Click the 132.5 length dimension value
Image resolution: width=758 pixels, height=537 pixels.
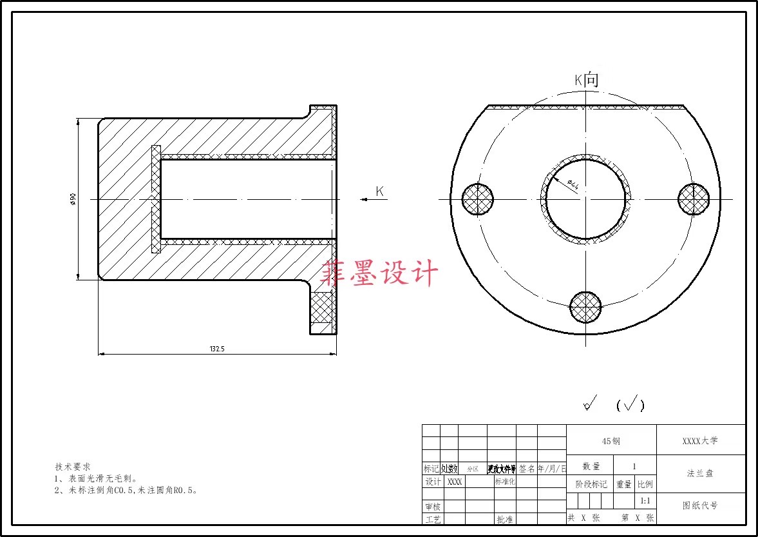coord(217,349)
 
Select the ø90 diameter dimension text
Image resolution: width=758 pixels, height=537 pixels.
coord(73,199)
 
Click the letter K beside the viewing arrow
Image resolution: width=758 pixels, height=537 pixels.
coord(380,191)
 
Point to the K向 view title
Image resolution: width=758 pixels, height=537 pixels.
coord(587,80)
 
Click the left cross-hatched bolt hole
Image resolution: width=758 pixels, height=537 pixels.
coord(478,199)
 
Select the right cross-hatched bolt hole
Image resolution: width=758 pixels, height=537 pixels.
coord(694,199)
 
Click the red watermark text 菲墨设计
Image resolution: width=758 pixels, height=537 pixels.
coord(380,273)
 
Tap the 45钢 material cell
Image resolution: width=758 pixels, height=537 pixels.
coord(611,441)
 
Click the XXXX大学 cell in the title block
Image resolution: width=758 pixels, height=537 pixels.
coord(700,441)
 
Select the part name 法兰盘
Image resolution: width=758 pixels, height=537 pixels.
coord(700,473)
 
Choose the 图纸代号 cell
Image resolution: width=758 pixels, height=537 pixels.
coord(700,506)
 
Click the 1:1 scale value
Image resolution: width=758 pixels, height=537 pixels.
coord(645,501)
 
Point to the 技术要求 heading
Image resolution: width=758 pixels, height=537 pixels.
coord(72,466)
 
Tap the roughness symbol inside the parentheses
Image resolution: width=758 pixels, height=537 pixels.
coord(630,404)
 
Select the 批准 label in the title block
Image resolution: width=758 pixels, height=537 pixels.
coord(504,519)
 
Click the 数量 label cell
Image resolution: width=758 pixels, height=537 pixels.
coord(591,466)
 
